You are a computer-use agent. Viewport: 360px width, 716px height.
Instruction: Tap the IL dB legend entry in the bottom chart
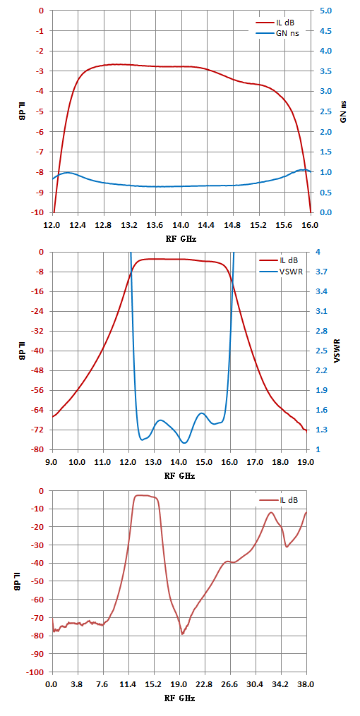(278, 500)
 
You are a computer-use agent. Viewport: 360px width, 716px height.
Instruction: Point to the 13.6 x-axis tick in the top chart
(156, 225)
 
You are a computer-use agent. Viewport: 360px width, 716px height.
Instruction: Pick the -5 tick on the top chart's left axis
(44, 111)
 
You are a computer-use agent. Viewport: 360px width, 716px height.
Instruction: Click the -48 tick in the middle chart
(42, 371)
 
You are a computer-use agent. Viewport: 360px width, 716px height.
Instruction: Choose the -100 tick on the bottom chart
(40, 672)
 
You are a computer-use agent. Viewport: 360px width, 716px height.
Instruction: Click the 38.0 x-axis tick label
(306, 685)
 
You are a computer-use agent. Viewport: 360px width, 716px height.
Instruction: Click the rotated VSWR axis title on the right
(337, 351)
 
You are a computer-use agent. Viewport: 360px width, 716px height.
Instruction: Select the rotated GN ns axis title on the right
(343, 111)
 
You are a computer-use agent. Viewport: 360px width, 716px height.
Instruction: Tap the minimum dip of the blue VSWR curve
(184, 442)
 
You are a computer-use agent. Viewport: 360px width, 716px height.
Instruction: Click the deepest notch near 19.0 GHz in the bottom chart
(182, 633)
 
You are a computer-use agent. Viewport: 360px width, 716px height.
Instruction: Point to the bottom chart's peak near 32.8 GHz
(271, 512)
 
